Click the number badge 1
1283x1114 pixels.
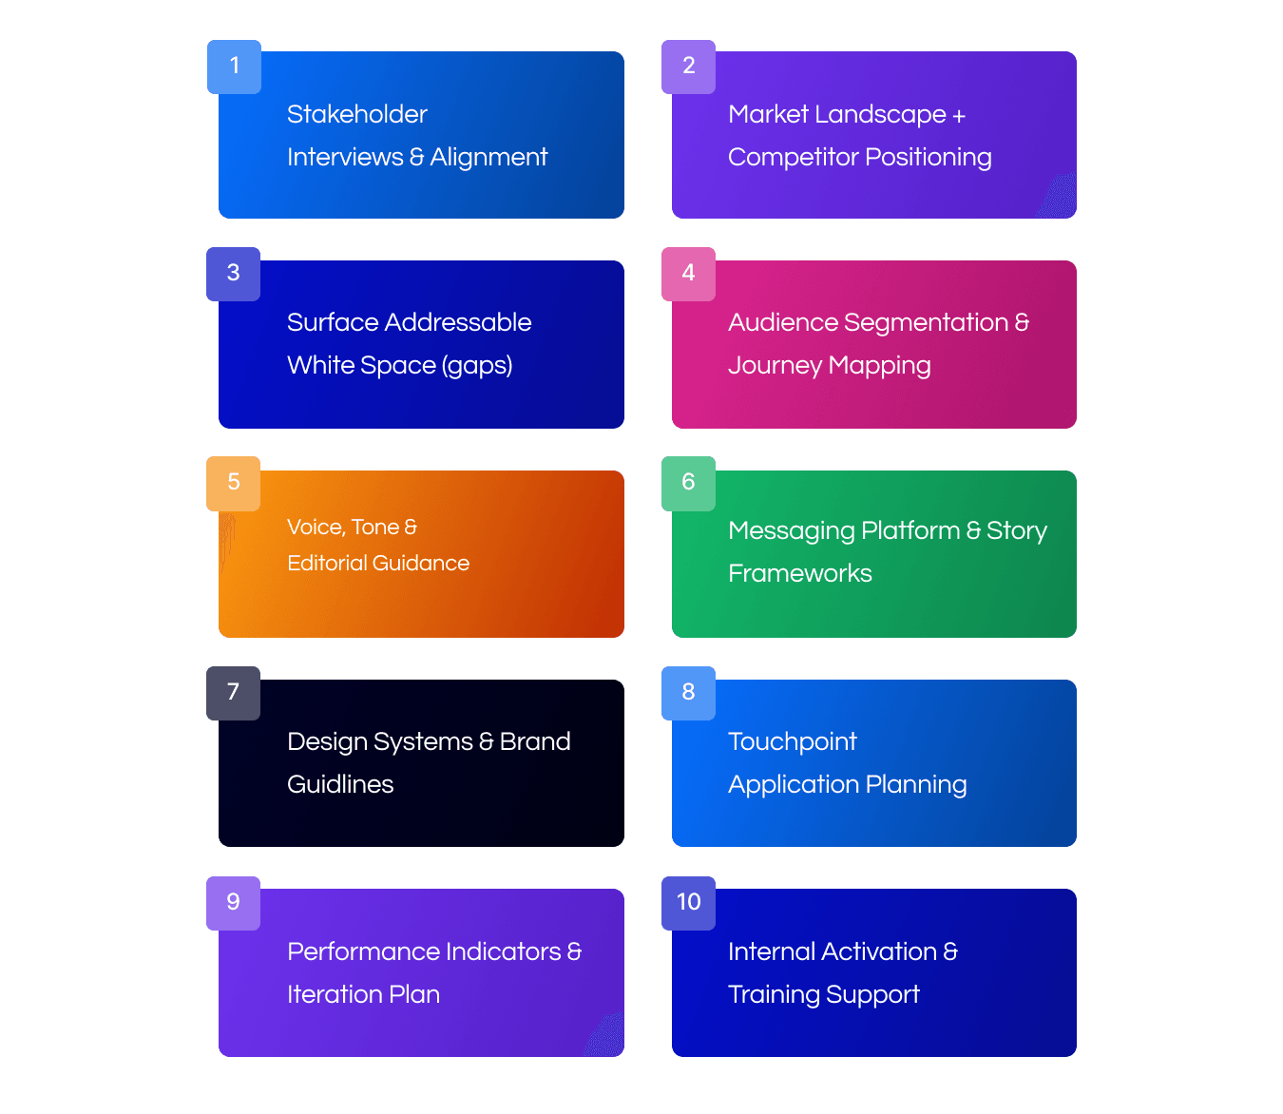click(234, 67)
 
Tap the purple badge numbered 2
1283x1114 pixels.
click(688, 67)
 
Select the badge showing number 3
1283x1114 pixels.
click(233, 274)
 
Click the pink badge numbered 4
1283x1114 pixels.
click(688, 274)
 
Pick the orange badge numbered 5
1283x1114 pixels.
click(233, 483)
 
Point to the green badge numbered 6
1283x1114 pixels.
click(688, 483)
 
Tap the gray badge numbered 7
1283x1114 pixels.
click(233, 693)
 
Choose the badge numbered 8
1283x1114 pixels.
click(688, 693)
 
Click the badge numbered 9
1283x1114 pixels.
click(233, 903)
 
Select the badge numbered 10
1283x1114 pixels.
click(688, 903)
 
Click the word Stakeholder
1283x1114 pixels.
click(356, 114)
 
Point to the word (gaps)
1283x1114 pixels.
click(477, 366)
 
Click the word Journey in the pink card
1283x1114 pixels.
click(775, 366)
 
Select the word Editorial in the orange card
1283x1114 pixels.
click(326, 563)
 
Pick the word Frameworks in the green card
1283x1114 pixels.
click(799, 573)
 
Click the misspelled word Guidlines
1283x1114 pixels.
click(340, 784)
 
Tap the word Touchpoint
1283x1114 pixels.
click(792, 742)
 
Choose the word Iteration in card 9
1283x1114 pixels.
click(335, 994)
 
